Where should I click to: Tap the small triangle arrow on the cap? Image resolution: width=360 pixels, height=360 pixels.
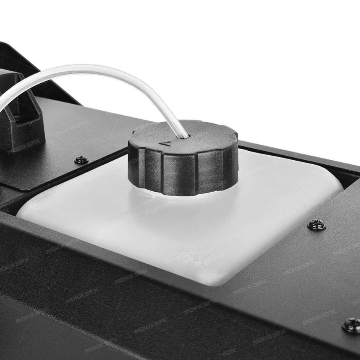(x=165, y=143)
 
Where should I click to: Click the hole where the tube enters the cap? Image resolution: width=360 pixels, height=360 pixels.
(x=184, y=136)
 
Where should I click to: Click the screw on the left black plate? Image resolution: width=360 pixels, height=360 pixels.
(x=81, y=160)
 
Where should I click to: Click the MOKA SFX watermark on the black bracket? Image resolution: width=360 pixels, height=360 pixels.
(x=23, y=147)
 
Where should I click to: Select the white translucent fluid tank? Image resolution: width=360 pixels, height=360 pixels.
(x=167, y=234)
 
